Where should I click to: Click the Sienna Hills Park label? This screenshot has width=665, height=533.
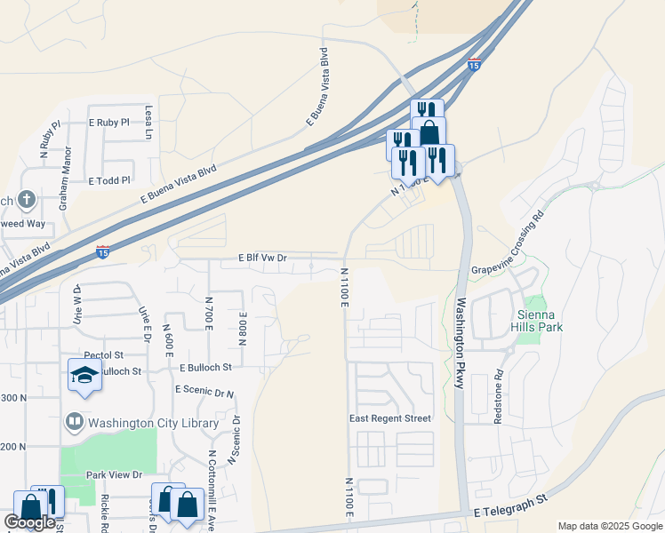point(540,321)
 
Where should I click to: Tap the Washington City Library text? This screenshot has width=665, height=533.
point(153,423)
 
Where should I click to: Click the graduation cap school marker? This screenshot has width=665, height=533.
point(84,375)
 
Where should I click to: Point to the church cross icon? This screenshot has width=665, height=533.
point(27,199)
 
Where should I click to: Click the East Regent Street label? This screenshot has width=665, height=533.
point(390,418)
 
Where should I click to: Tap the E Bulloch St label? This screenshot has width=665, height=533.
point(205,367)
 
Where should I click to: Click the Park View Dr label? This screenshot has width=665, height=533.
point(114,475)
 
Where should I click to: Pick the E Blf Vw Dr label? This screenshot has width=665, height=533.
point(263,258)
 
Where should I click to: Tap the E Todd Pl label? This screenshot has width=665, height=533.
point(109,179)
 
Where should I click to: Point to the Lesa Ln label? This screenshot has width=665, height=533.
point(148,123)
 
